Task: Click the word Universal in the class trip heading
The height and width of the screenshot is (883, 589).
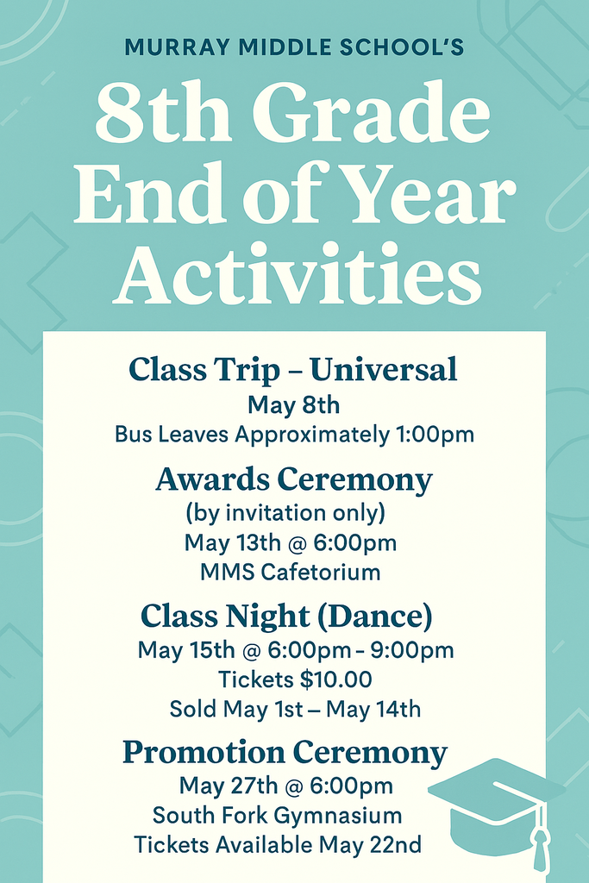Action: tap(384, 370)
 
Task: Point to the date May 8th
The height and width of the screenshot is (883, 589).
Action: tap(294, 404)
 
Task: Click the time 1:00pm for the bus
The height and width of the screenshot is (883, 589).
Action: tap(435, 435)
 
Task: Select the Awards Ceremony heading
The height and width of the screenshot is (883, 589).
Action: tap(294, 479)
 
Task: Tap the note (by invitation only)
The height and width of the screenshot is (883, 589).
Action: tap(285, 513)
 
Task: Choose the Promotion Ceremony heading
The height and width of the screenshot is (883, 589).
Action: tap(285, 753)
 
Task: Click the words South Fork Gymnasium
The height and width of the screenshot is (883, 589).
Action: tap(277, 815)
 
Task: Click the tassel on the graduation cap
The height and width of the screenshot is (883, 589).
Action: tap(540, 845)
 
